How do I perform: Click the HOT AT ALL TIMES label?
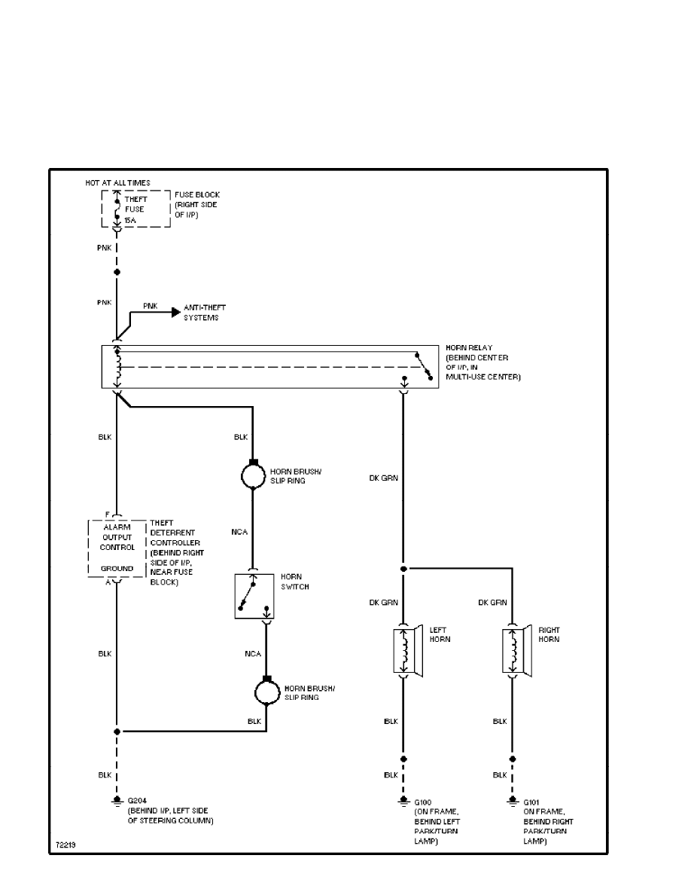(118, 183)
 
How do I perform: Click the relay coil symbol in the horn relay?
(117, 367)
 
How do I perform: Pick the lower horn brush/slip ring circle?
(266, 692)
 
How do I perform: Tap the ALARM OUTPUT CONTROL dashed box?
(117, 548)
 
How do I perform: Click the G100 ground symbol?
(403, 802)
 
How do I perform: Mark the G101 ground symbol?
(513, 802)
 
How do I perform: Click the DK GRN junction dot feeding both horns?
(403, 569)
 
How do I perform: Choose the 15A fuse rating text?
(130, 220)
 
